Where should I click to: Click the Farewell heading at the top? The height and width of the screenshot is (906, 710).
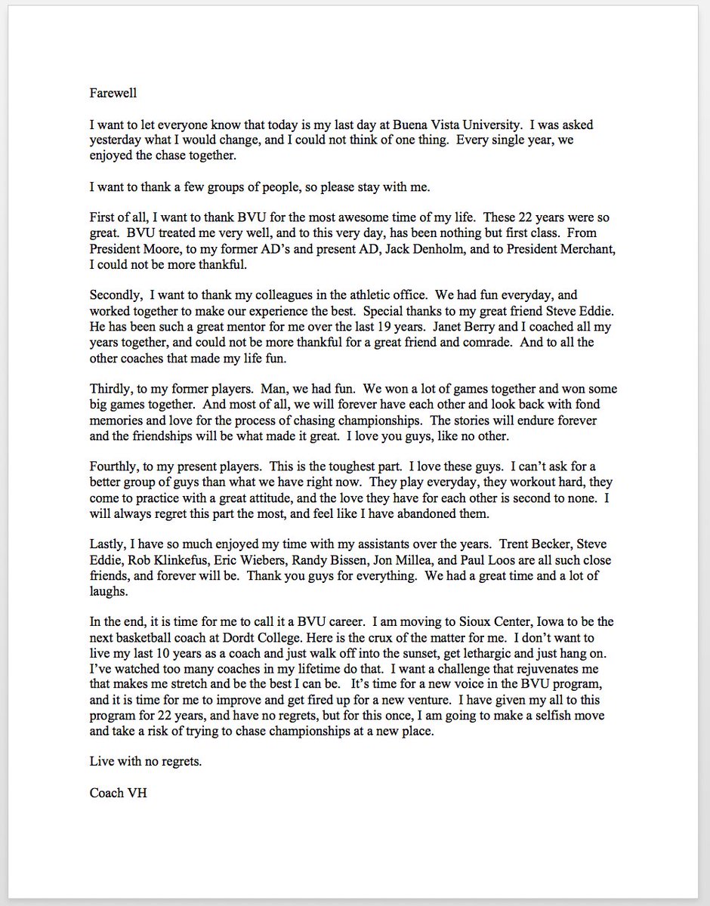click(x=113, y=94)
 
